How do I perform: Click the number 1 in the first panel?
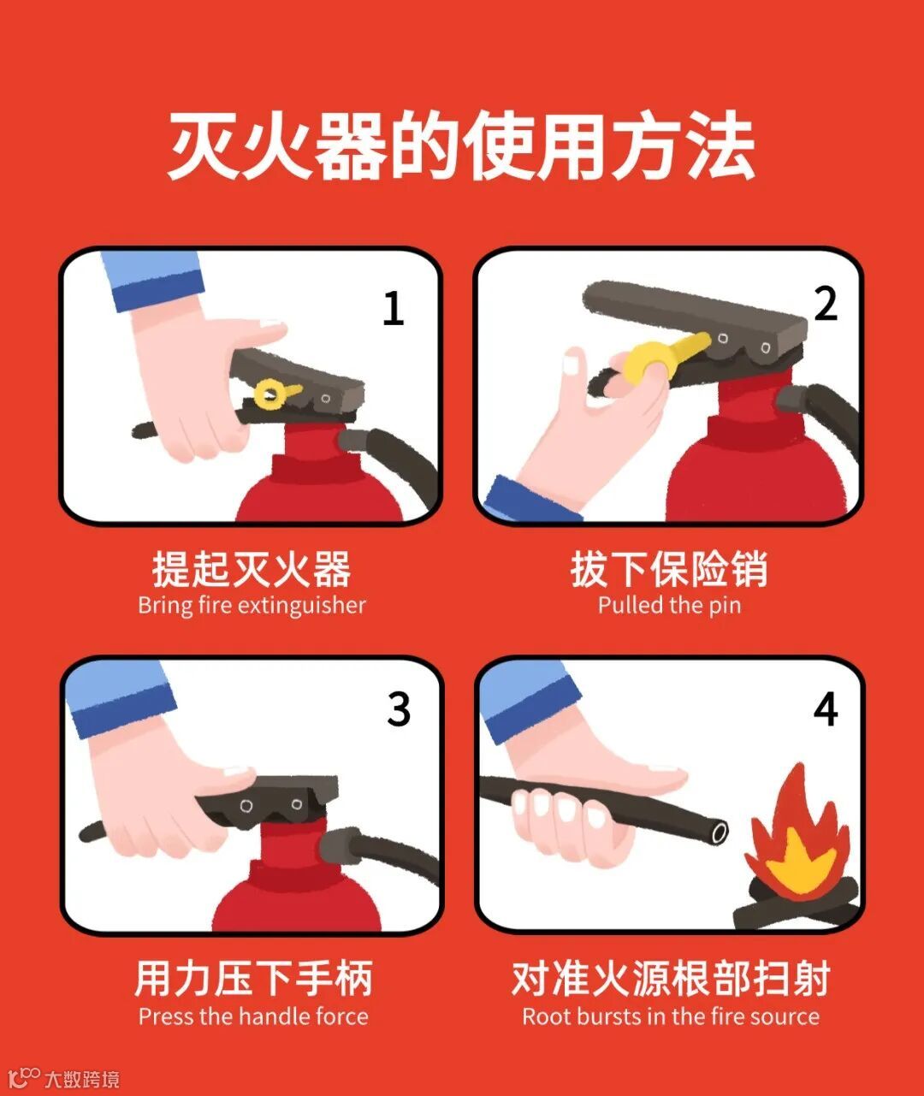(394, 309)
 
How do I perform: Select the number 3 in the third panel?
(399, 709)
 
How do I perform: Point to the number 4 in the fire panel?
(826, 708)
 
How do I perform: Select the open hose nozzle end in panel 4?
(719, 832)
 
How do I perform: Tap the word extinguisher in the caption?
(301, 606)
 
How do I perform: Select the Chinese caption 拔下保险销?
(669, 569)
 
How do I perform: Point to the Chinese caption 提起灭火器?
(252, 569)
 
